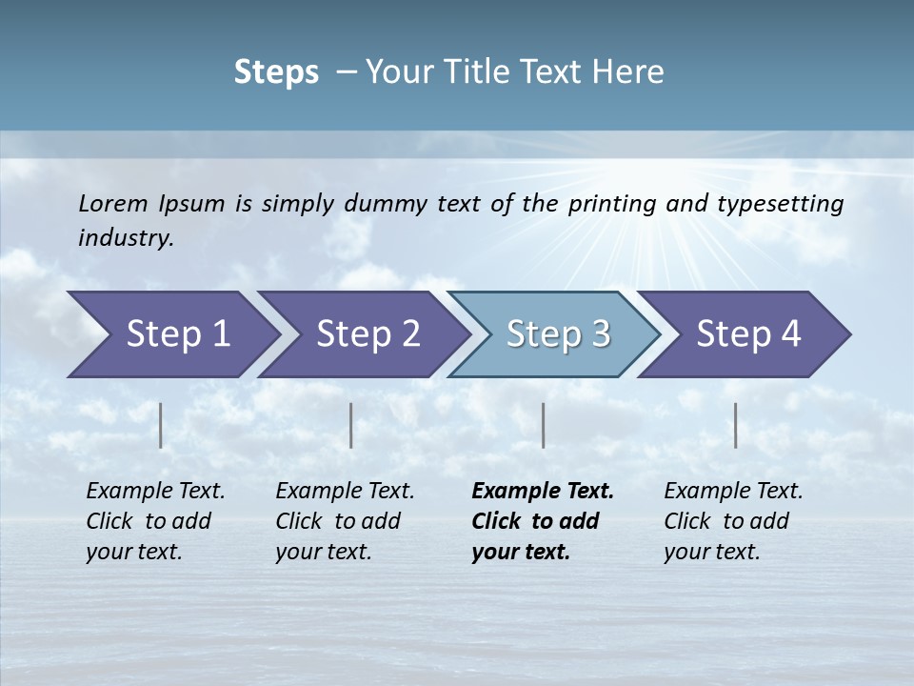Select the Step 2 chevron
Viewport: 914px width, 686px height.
[x=368, y=333]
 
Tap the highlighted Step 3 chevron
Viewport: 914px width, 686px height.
[x=558, y=333]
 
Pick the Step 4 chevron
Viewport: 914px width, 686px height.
[x=748, y=333]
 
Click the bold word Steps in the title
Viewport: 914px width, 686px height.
[x=276, y=71]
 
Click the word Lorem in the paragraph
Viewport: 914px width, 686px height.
[x=113, y=203]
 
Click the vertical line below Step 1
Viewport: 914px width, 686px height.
[x=161, y=425]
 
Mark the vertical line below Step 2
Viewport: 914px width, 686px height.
[x=351, y=425]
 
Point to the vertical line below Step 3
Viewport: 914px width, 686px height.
[x=543, y=425]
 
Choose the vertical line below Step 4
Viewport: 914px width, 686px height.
[x=735, y=425]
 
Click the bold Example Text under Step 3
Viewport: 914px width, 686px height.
[x=543, y=491]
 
